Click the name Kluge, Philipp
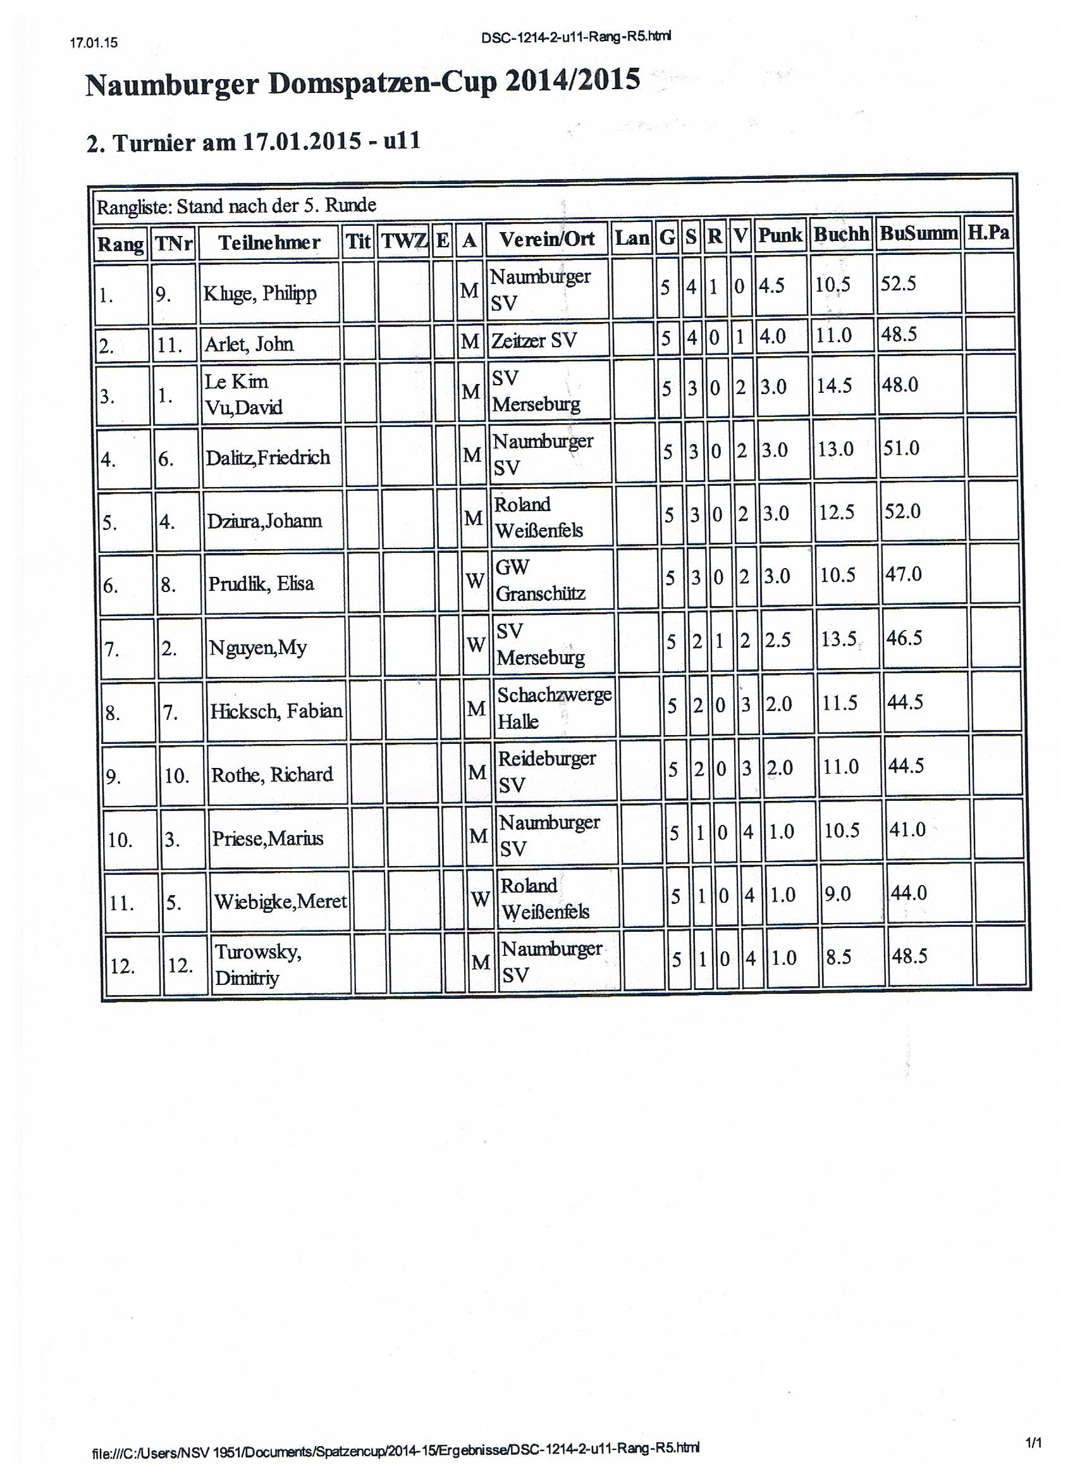click(x=259, y=294)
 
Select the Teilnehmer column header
click(x=269, y=242)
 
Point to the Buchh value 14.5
click(x=835, y=385)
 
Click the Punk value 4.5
click(x=771, y=286)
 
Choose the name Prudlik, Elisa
click(x=261, y=583)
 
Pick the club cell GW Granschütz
click(x=540, y=579)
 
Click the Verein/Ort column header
click(x=546, y=239)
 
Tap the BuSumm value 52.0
click(x=902, y=511)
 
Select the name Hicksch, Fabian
click(x=276, y=710)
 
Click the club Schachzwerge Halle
click(x=554, y=707)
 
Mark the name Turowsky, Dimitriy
click(x=257, y=965)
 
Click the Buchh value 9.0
click(x=838, y=893)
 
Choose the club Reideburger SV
click(x=546, y=770)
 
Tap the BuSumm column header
click(x=918, y=233)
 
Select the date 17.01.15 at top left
click(x=93, y=43)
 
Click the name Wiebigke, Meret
click(x=280, y=901)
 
